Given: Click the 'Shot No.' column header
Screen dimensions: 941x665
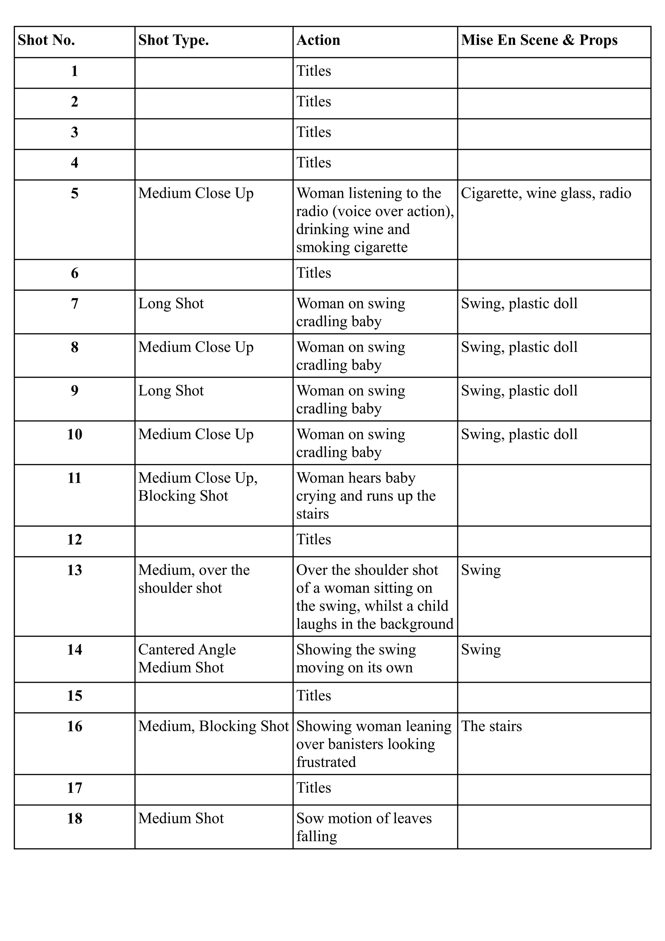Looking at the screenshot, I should [x=46, y=40].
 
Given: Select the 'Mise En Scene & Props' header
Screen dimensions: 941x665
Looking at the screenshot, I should [x=539, y=40].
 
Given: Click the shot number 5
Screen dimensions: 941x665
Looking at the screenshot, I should [x=75, y=193].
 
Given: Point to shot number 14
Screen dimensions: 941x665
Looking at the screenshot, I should [x=75, y=650].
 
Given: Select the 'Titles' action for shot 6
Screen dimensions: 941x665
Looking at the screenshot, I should [x=314, y=273].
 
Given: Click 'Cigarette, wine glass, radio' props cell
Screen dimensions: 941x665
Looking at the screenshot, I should [x=546, y=193].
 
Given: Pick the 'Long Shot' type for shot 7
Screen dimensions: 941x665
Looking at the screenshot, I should [x=171, y=304].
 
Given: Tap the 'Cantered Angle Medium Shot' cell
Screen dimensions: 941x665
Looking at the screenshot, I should [x=187, y=658].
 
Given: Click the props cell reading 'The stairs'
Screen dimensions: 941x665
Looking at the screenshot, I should [x=491, y=726].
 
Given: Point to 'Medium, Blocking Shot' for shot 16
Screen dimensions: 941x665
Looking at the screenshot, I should [x=213, y=726].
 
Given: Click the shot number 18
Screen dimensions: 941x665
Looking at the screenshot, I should [x=75, y=819].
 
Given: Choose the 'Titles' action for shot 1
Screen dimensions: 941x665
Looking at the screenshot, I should [x=314, y=71].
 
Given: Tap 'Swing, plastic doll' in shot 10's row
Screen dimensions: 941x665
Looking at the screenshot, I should [x=519, y=434].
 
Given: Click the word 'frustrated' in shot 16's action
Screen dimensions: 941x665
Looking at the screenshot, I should [x=326, y=762].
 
